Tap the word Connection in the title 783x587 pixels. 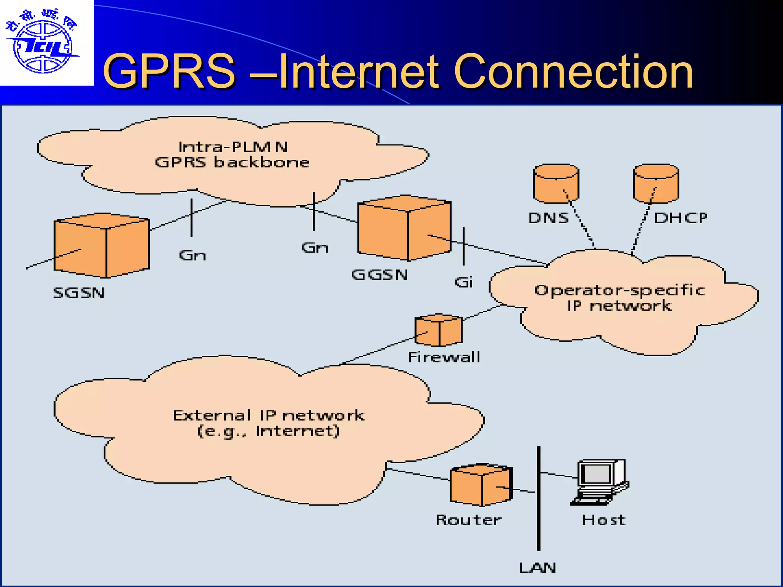click(573, 71)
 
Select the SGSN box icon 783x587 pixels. click(101, 245)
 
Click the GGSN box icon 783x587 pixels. click(404, 228)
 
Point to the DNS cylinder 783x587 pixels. click(556, 183)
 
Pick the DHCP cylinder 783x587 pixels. click(656, 183)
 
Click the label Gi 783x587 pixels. click(464, 282)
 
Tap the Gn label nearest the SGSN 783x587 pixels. click(192, 255)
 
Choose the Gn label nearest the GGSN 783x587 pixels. click(314, 248)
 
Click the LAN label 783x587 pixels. click(538, 568)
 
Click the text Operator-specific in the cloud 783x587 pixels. click(619, 290)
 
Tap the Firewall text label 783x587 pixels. click(444, 357)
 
